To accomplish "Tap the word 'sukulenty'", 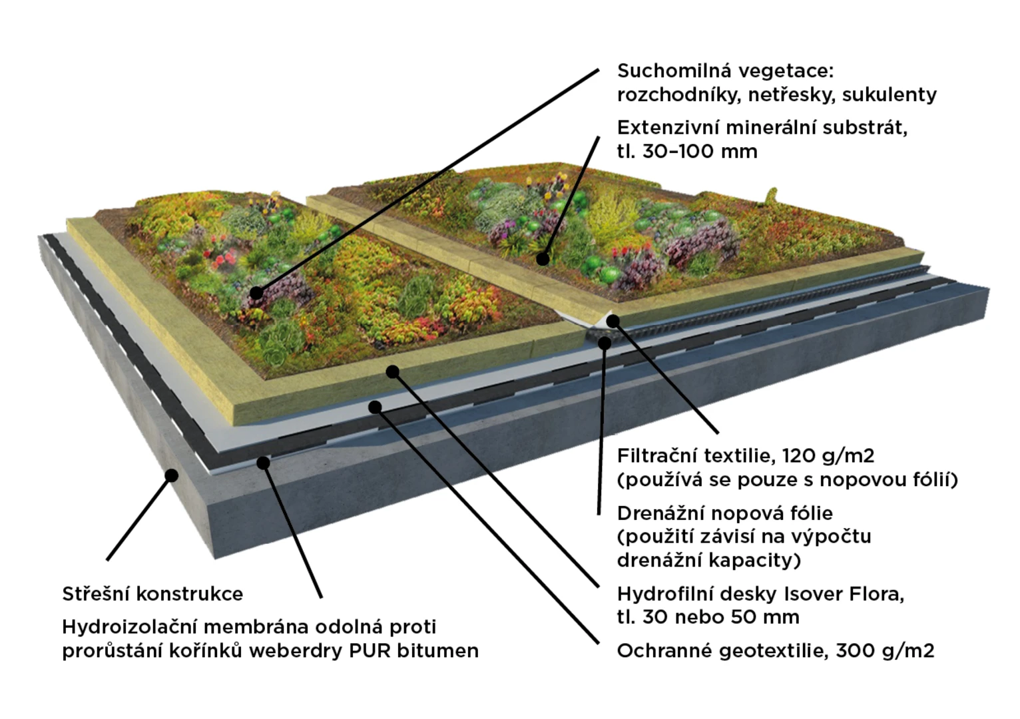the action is point(889,95).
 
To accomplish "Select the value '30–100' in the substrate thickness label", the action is point(677,152).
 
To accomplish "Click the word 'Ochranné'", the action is point(664,650).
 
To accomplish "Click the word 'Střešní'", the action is point(96,595).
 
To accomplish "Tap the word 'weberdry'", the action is point(296,651).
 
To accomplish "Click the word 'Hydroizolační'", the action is point(129,627).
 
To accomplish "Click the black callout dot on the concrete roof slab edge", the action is point(171,475).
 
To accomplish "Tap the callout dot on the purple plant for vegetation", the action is point(256,293).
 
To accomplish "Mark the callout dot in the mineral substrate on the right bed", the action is point(543,259).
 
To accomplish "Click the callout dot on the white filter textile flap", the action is point(613,321).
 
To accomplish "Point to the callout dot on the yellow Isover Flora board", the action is point(393,371).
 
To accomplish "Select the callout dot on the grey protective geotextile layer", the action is point(375,407).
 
